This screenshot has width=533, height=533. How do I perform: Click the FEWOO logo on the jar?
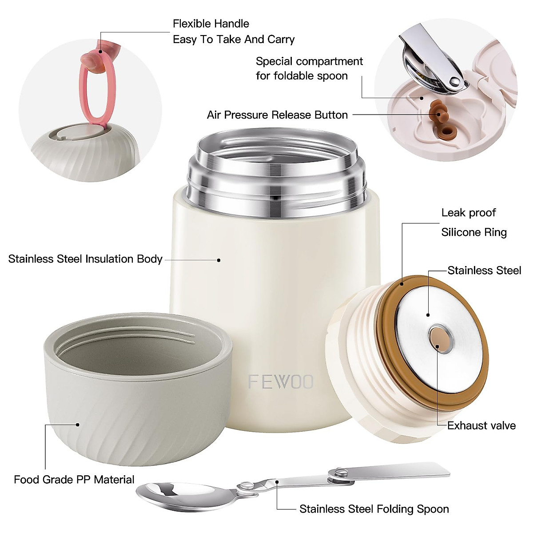[x=281, y=382]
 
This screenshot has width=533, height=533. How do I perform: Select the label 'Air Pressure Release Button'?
[x=277, y=115]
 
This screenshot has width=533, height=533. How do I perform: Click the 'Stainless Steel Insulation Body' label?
[x=85, y=259]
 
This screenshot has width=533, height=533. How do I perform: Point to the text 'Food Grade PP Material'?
[x=74, y=480]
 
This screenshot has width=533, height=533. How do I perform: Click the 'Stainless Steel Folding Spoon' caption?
[x=374, y=509]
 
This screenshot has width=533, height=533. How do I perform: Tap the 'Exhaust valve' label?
[x=481, y=426]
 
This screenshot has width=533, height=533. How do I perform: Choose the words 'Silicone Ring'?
[x=474, y=232]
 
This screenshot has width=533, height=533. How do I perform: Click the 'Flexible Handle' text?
[x=211, y=24]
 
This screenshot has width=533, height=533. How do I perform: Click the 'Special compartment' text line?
[x=309, y=61]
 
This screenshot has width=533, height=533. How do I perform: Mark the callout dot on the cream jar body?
[x=219, y=260]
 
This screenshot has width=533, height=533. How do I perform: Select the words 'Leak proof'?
[x=469, y=213]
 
